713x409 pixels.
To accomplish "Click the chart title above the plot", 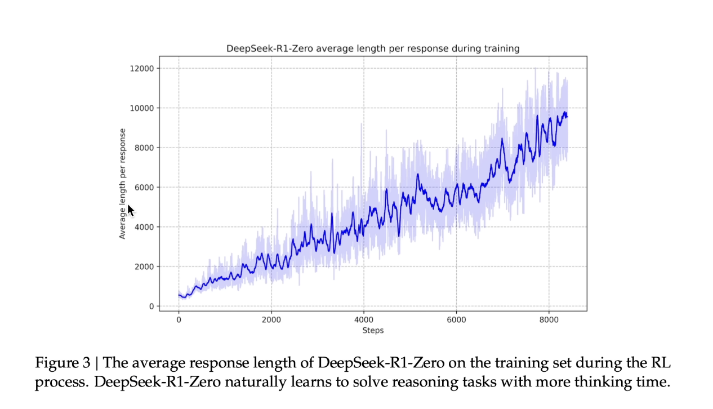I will pos(373,48).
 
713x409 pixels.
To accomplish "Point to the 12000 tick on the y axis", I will pos(141,69).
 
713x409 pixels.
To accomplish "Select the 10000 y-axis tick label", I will pos(141,108).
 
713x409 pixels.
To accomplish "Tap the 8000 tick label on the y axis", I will pos(143,148).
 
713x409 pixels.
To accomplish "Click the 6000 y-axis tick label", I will pos(143,187).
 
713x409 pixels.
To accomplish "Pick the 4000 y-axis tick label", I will pos(143,227).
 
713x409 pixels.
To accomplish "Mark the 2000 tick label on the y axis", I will pos(143,266).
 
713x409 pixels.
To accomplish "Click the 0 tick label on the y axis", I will pos(150,306).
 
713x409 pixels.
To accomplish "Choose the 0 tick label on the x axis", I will pos(179,319).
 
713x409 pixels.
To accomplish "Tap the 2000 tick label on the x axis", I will pos(271,319).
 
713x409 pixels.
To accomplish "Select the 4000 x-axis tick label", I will pos(364,319).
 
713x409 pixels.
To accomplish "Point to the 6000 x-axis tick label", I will pos(456,319).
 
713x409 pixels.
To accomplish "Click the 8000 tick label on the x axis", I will pos(549,319).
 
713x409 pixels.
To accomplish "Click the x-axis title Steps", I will pos(373,330).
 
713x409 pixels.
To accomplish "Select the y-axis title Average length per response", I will pos(123,184).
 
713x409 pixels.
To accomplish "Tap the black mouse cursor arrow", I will pos(130,210).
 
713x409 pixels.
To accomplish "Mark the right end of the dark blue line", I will pos(567,117).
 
